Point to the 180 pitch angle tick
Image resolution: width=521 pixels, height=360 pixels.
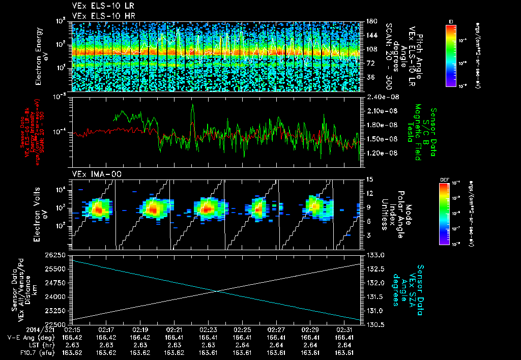click(x=370, y=21)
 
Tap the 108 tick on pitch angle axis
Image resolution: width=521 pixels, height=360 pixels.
click(x=370, y=49)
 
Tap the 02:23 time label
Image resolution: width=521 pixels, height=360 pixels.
click(x=209, y=330)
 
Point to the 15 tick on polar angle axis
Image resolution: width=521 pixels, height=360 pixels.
click(x=370, y=179)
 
